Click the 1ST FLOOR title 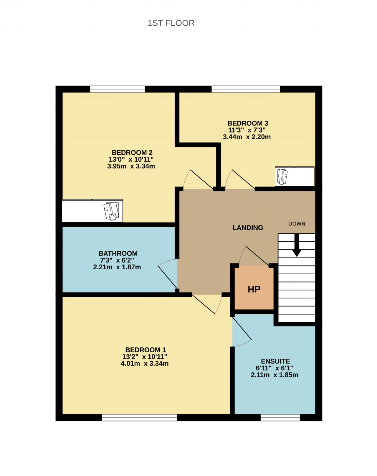pyautogui.click(x=171, y=23)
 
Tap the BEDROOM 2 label pyautogui.click(x=132, y=152)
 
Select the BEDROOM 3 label pyautogui.click(x=248, y=123)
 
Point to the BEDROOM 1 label pyautogui.click(x=145, y=350)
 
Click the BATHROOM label pyautogui.click(x=118, y=253)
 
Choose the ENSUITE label pyautogui.click(x=275, y=361)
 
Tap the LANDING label pyautogui.click(x=248, y=228)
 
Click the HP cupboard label pyautogui.click(x=254, y=289)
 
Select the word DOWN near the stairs pyautogui.click(x=297, y=224)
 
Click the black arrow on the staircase pyautogui.click(x=297, y=245)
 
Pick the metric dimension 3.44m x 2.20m pyautogui.click(x=247, y=137)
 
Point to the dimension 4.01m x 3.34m pyautogui.click(x=145, y=364)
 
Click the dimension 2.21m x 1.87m pyautogui.click(x=117, y=267)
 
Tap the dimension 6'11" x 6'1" pyautogui.click(x=275, y=368)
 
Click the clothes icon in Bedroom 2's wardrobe pyautogui.click(x=112, y=211)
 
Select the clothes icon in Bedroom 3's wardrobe pyautogui.click(x=282, y=177)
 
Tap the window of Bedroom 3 pyautogui.click(x=246, y=89)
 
